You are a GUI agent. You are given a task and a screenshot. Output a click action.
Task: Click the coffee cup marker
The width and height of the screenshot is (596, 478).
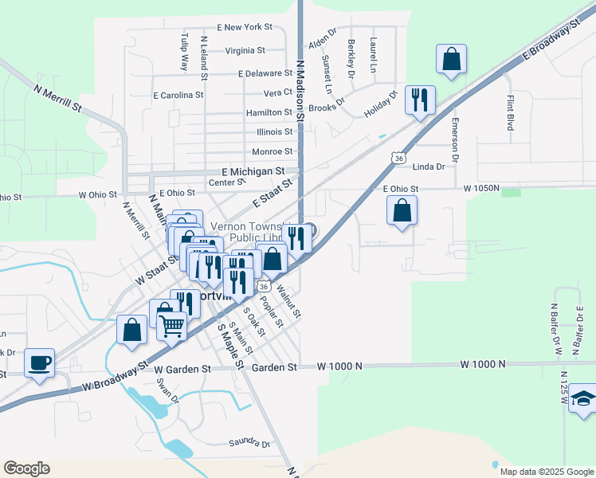click(x=39, y=363)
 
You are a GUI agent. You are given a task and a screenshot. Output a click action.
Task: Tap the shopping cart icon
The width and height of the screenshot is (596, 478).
click(x=171, y=325)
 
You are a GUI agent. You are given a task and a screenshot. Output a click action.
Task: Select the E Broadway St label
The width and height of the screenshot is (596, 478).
click(x=551, y=40)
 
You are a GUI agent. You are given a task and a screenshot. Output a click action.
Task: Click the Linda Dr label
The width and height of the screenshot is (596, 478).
click(x=429, y=167)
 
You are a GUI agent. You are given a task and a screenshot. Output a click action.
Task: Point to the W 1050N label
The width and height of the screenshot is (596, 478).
click(x=481, y=189)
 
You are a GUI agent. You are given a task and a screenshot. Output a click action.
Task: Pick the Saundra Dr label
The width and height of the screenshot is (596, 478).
click(x=249, y=443)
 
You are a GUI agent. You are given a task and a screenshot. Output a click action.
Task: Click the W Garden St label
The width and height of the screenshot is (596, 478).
click(x=182, y=370)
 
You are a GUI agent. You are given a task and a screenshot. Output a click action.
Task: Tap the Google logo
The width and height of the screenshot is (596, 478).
click(x=26, y=468)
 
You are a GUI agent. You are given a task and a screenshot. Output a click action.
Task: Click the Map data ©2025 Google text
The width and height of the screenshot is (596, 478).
click(x=547, y=472)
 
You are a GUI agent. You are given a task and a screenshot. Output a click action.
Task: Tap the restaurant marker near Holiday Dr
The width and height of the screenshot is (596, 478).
click(x=420, y=100)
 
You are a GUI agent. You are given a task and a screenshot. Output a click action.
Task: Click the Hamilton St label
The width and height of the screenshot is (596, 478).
click(x=269, y=113)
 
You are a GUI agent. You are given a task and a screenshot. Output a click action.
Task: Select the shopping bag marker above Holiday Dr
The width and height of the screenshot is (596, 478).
click(x=451, y=58)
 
